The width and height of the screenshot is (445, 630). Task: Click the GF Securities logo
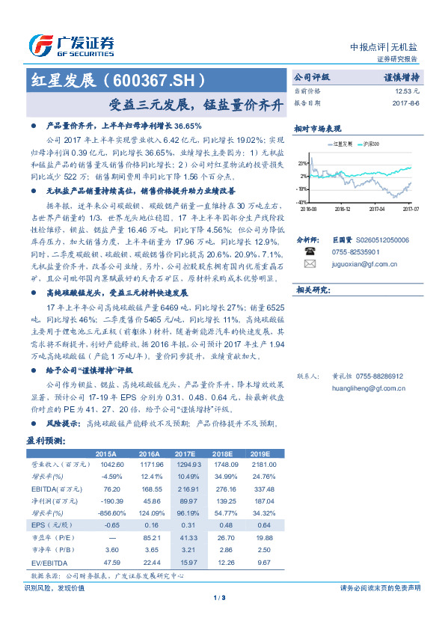(71, 45)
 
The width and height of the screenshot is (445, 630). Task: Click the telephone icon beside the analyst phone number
(310, 252)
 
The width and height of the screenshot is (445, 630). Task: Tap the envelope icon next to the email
(310, 264)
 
